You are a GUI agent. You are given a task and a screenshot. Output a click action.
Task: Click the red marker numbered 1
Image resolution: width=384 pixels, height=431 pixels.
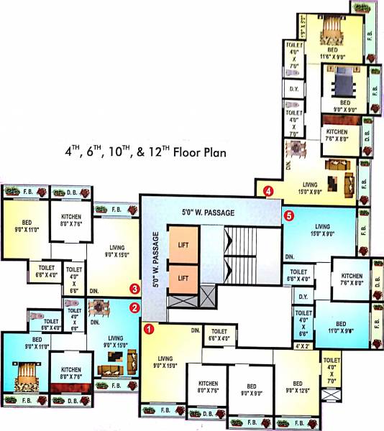(x=149, y=330)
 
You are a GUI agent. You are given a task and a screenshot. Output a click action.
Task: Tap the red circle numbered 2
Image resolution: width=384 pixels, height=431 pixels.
(x=134, y=308)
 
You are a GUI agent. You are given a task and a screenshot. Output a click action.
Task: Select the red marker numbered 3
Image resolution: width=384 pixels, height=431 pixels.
(x=134, y=289)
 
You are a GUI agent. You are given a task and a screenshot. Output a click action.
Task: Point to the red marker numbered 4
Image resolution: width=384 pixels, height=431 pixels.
(x=268, y=191)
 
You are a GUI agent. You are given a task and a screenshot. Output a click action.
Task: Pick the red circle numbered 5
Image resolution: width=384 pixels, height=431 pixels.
(x=289, y=214)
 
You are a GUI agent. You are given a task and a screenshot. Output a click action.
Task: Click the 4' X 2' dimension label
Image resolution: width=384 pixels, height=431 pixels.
(x=303, y=346)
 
